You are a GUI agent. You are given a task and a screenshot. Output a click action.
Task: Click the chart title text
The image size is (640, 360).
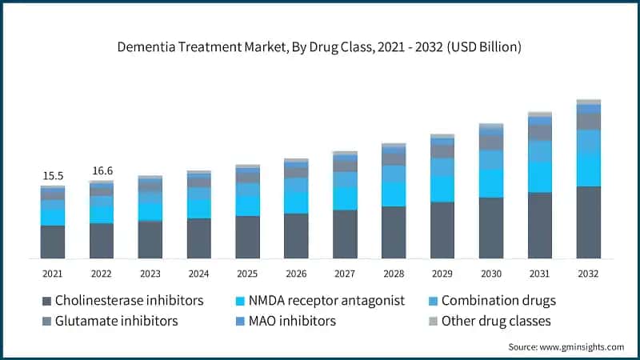click(x=320, y=47)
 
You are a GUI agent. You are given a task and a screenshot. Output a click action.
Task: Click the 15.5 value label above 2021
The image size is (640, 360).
click(x=53, y=174)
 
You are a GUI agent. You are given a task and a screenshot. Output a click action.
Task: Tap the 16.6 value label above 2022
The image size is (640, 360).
click(x=102, y=170)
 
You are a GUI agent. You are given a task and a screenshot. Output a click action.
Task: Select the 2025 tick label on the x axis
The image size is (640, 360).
click(x=247, y=274)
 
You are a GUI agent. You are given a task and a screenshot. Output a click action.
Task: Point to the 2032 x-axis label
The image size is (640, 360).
click(x=588, y=274)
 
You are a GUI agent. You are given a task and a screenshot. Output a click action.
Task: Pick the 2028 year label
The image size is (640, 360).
click(x=394, y=274)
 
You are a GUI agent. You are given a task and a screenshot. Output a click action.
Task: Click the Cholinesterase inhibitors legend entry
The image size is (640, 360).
click(x=129, y=301)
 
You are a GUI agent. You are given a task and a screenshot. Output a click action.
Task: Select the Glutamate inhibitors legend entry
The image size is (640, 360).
click(x=116, y=321)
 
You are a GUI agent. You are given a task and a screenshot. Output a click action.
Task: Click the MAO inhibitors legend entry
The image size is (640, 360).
click(x=292, y=321)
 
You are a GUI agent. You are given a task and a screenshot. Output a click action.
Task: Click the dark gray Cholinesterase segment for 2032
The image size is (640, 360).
click(x=588, y=222)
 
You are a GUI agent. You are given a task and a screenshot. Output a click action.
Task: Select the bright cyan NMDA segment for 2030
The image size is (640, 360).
click(x=491, y=183)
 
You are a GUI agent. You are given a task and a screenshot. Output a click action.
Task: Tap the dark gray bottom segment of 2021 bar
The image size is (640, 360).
click(x=53, y=242)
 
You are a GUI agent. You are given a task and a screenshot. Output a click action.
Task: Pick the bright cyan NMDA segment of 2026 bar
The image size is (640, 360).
click(x=296, y=202)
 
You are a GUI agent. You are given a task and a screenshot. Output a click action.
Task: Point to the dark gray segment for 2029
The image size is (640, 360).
click(x=442, y=230)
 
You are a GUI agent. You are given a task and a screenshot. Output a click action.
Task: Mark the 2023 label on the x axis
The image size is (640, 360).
click(x=150, y=274)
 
